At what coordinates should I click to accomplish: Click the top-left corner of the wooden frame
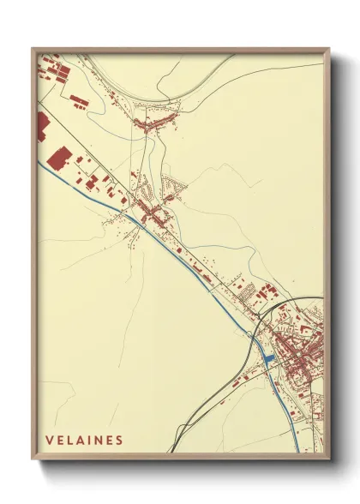pos(33,49)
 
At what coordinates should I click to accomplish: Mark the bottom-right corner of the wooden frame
pos(329,459)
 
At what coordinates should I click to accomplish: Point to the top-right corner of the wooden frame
pos(329,49)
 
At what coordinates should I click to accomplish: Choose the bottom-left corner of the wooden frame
pos(33,459)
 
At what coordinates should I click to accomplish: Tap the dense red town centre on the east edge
pos(304,351)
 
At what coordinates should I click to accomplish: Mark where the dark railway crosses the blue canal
pos(254,340)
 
